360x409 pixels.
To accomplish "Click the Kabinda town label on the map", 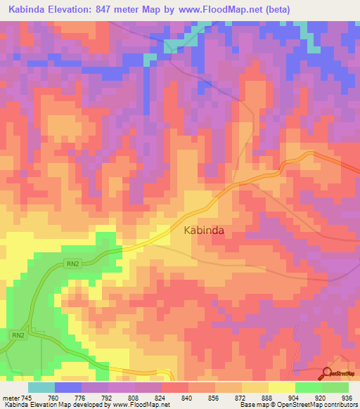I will pyautogui.click(x=205, y=230).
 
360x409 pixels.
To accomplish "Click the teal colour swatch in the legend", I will pyautogui.click(x=41, y=387).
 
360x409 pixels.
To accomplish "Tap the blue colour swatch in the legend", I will pyautogui.click(x=68, y=387).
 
